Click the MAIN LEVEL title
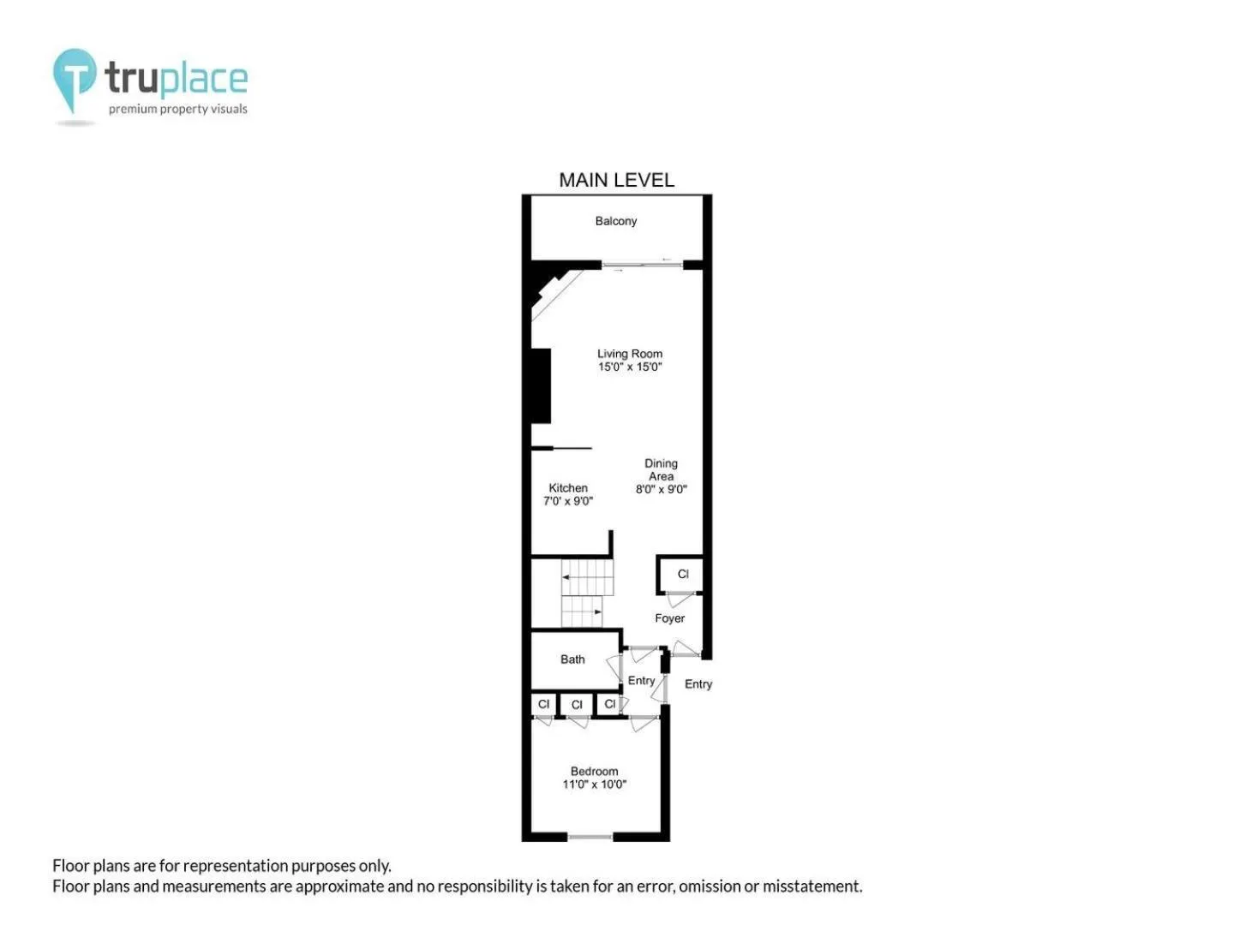click(616, 180)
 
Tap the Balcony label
click(615, 221)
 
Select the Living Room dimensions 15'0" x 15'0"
click(630, 367)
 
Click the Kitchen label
click(568, 488)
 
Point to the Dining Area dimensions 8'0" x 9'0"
click(661, 489)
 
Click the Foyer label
click(669, 618)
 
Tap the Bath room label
click(572, 659)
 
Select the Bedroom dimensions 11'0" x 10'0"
click(594, 784)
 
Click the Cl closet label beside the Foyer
click(683, 574)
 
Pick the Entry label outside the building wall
click(698, 684)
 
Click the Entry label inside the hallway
click(641, 681)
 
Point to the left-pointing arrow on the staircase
click(566, 576)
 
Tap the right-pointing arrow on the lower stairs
click(597, 612)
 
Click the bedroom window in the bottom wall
click(590, 837)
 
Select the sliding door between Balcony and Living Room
click(642, 265)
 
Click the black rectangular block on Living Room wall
click(541, 385)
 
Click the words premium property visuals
click(177, 109)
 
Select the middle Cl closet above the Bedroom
click(576, 705)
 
